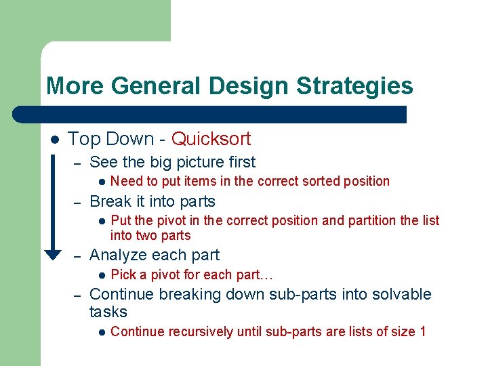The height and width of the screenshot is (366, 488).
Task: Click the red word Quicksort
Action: (x=211, y=139)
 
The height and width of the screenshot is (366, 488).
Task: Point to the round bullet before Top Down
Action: (x=54, y=140)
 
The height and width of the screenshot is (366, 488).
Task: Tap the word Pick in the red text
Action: (x=123, y=274)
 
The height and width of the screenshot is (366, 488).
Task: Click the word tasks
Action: (x=108, y=312)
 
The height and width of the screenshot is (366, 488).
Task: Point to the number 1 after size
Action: (x=422, y=331)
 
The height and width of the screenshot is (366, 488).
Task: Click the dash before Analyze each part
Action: (x=78, y=256)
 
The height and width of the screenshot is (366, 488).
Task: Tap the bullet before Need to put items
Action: (x=100, y=182)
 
